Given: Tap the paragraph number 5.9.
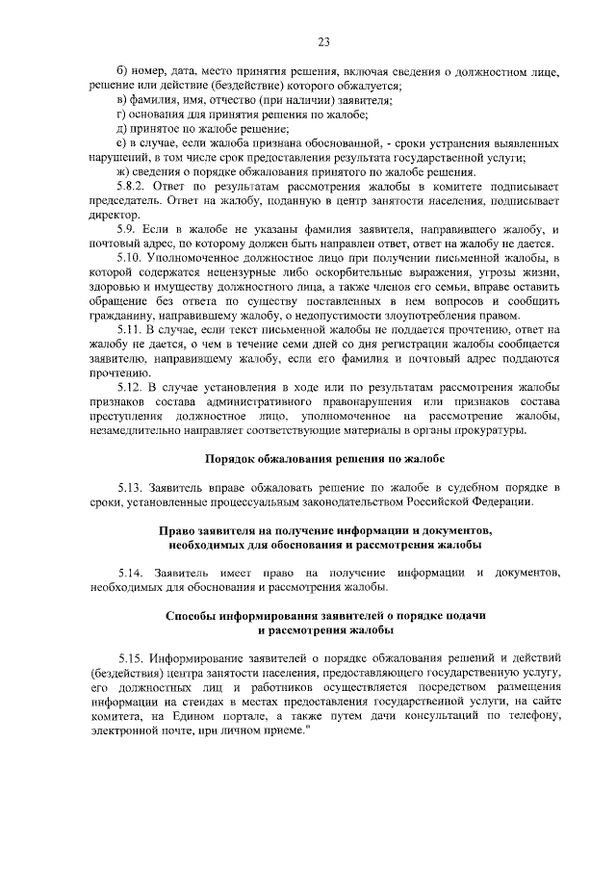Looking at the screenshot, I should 128,230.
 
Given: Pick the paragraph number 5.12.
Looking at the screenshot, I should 131,387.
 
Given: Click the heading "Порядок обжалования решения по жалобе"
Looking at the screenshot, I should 324,459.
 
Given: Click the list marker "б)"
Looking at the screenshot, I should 122,72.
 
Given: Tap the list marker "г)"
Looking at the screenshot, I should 121,115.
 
